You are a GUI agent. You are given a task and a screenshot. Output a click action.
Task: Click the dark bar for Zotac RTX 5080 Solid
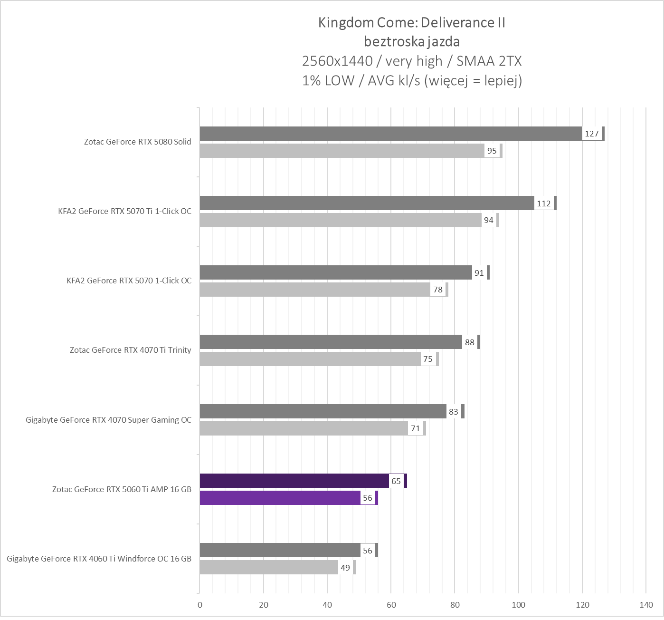389,134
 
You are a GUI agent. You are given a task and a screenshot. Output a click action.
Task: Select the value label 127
592,134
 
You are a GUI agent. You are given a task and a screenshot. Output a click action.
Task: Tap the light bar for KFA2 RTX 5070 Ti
340,220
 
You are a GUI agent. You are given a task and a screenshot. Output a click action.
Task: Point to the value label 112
544,203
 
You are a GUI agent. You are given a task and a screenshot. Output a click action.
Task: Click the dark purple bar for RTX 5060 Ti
294,481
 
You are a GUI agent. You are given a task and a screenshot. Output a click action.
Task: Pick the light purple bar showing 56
280,498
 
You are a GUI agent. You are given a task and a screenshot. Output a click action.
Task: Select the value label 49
345,567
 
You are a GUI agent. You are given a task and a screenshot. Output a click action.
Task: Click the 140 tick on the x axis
646,605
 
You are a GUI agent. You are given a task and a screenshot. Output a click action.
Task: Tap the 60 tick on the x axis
391,605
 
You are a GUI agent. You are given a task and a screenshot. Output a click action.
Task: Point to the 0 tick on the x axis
199,605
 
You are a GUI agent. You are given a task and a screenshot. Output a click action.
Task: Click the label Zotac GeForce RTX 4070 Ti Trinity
130,350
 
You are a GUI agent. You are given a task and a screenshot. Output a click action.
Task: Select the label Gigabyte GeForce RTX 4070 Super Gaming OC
108,420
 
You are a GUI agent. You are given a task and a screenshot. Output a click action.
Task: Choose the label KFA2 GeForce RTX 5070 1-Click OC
129,281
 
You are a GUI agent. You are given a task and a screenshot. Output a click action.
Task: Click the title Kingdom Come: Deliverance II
411,22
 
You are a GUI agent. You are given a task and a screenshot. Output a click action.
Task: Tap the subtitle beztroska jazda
411,42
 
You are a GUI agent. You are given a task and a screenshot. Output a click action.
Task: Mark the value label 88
470,342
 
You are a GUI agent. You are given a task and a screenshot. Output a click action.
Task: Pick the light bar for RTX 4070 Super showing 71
304,428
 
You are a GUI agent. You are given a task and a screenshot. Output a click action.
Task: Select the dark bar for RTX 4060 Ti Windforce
280,550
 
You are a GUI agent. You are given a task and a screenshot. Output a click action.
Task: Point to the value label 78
438,290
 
